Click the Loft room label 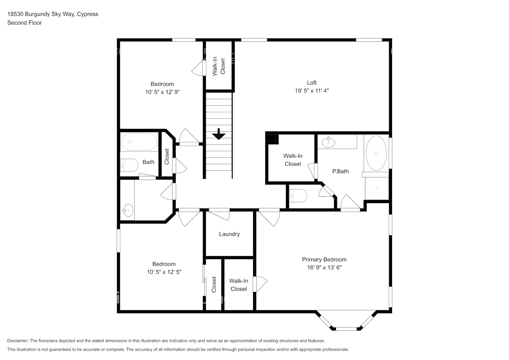pos(312,82)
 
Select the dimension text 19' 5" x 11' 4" pos(312,91)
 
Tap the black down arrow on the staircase pos(219,134)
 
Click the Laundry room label pos(229,234)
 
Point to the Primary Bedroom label pos(324,259)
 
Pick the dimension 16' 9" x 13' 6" pos(324,267)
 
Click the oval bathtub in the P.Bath pos(376,153)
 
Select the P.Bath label pos(340,171)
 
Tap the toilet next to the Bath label pos(129,166)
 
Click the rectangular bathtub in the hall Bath pos(139,142)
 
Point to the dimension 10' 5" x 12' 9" pos(162,92)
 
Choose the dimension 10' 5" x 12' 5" pos(164,272)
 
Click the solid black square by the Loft pos(272,138)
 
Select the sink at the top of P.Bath pos(328,142)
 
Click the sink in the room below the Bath pos(127,210)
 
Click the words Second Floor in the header pos(24,23)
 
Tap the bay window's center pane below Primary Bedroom pos(346,328)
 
